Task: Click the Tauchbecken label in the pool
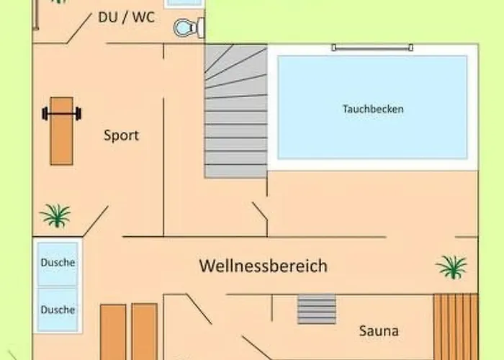click(372, 109)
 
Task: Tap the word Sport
click(121, 135)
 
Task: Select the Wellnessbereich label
click(263, 266)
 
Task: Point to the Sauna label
click(379, 331)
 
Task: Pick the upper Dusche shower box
click(58, 263)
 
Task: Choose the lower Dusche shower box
click(58, 310)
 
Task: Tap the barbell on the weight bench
click(61, 113)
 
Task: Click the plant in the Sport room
click(55, 215)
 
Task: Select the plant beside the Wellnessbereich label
click(451, 266)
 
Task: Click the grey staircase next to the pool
click(235, 112)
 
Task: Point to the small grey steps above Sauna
click(317, 309)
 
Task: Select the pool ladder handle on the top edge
click(372, 48)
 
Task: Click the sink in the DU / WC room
click(183, 3)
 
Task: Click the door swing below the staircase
click(260, 216)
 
